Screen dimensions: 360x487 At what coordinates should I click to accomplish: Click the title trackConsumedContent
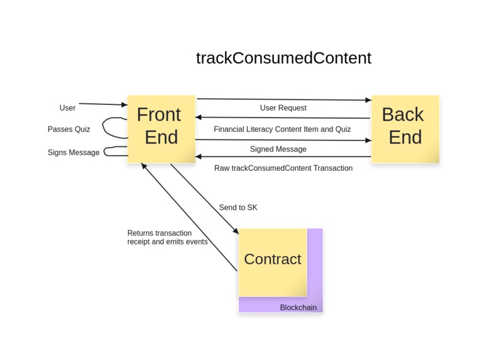[283, 58]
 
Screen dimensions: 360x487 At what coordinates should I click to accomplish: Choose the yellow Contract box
[272, 260]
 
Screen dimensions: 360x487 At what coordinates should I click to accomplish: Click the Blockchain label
[298, 308]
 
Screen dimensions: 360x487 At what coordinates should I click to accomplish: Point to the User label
[67, 108]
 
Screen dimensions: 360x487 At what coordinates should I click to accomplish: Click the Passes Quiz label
[68, 129]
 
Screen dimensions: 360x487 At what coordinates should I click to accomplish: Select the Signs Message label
[73, 153]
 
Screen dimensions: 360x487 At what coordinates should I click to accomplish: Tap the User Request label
[283, 108]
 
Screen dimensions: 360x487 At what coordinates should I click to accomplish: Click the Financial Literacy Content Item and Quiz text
[282, 129]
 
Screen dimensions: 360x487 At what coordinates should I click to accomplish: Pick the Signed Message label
[278, 150]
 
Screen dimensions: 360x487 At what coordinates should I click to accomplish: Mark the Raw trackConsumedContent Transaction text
[283, 168]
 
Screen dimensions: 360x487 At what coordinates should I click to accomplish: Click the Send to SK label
[238, 208]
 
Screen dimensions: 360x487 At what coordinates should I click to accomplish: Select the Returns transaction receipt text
[167, 237]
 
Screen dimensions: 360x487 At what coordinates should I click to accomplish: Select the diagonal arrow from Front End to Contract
[204, 199]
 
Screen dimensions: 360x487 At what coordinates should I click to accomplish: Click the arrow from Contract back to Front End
[189, 217]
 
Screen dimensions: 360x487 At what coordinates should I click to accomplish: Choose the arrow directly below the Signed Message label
[283, 156]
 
